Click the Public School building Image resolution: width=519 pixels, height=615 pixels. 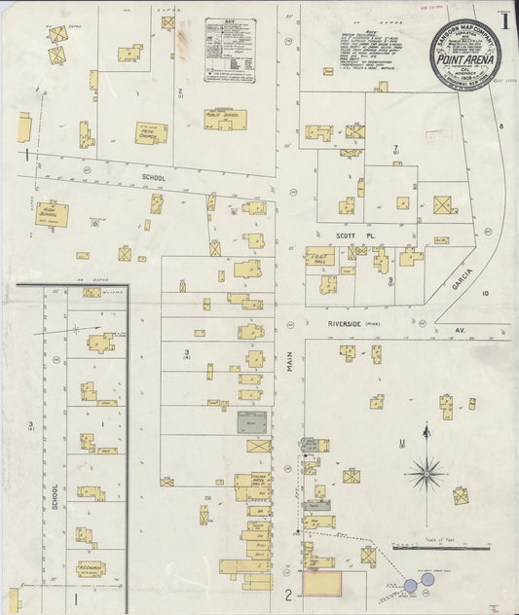(225, 119)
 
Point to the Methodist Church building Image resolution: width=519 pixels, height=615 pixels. (151, 132)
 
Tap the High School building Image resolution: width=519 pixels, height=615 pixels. (52, 214)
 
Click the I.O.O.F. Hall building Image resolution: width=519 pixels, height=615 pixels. (319, 256)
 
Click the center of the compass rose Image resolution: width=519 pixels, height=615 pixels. (425, 475)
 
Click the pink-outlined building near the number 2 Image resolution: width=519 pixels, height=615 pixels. (322, 584)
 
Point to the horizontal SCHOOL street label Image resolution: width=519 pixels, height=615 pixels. (153, 178)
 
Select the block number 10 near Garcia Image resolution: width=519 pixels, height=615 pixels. (484, 292)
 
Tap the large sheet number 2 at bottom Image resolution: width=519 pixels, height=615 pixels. (288, 595)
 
